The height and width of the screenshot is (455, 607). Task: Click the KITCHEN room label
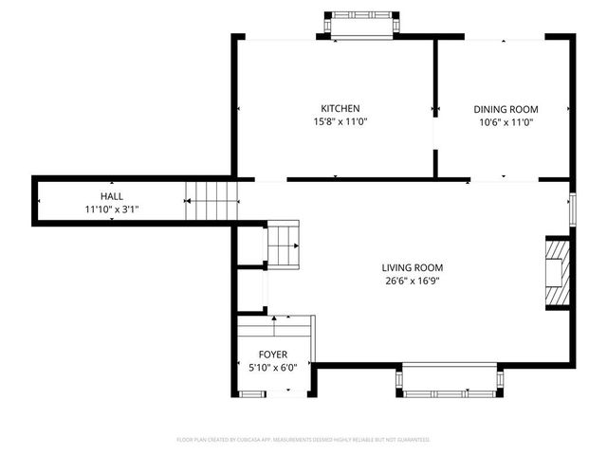coord(340,109)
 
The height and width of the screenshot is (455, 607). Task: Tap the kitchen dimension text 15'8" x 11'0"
coord(340,122)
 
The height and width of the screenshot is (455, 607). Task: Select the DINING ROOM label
coord(505,109)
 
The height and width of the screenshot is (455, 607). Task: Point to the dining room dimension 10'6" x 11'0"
coord(505,122)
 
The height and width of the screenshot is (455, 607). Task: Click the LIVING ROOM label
coord(412,267)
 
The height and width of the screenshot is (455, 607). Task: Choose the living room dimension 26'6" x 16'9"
coord(412,281)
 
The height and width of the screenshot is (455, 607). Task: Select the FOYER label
coord(273,355)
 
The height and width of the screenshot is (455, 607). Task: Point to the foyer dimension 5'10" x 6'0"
coord(273,368)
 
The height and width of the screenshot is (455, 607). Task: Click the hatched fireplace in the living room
coord(557,273)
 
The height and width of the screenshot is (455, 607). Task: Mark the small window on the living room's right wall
coord(572,209)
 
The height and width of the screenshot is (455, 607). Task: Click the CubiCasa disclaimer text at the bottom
coord(303,440)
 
